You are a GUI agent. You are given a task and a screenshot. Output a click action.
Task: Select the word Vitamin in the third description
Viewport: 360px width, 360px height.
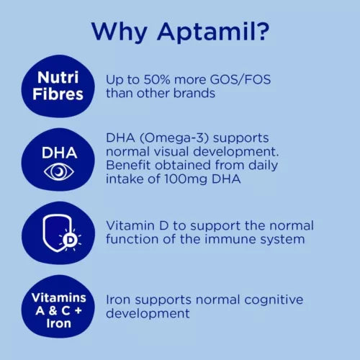(x=130, y=225)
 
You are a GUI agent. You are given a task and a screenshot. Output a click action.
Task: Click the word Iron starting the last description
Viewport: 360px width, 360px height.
(x=119, y=299)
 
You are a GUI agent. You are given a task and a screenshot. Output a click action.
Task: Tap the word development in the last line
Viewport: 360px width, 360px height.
(x=148, y=313)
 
